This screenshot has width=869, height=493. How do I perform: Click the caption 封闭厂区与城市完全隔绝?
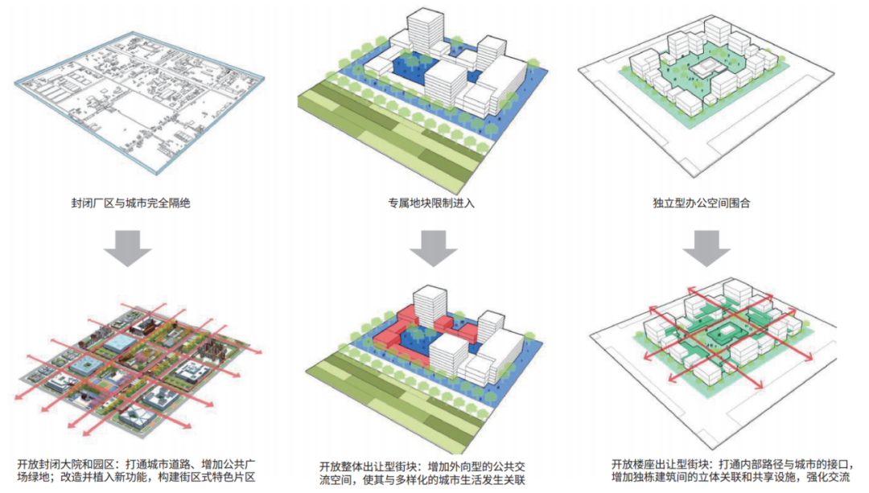tap(130, 203)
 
